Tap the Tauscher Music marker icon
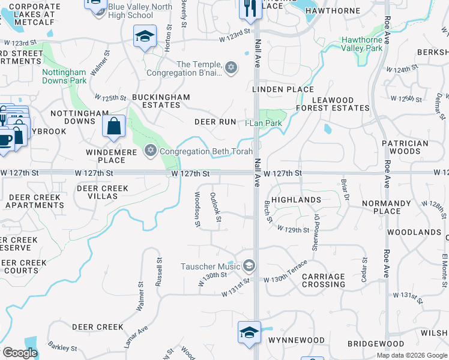click(x=249, y=266)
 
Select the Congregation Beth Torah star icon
click(x=151, y=151)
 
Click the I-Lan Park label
click(x=263, y=123)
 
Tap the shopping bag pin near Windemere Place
click(x=113, y=127)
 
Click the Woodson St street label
click(x=196, y=209)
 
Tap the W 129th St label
click(x=294, y=229)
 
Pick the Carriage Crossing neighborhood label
click(x=324, y=280)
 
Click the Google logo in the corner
click(x=20, y=353)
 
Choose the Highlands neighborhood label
click(x=296, y=199)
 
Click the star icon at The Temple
click(x=231, y=69)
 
